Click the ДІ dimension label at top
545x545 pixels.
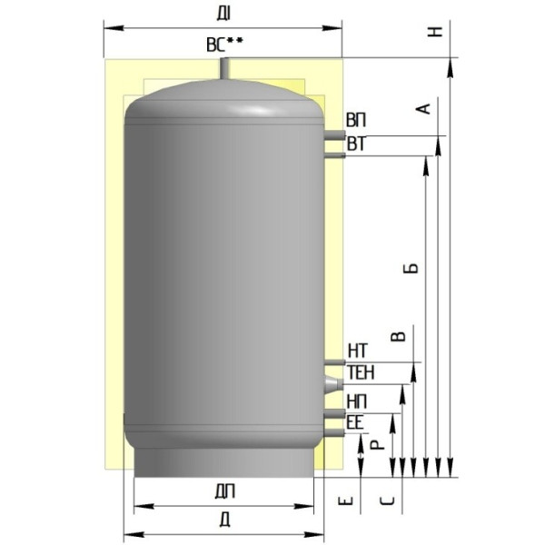tap(223, 14)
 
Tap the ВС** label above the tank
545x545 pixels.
tap(225, 45)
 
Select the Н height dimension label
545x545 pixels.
tap(435, 31)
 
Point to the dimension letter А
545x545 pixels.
tap(423, 109)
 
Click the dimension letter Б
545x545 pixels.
tap(411, 268)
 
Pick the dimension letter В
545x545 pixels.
tap(399, 336)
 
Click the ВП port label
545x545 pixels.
tap(356, 120)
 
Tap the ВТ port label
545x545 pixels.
tap(357, 144)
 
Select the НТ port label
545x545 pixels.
tap(358, 351)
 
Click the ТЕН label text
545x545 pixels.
tap(362, 372)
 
